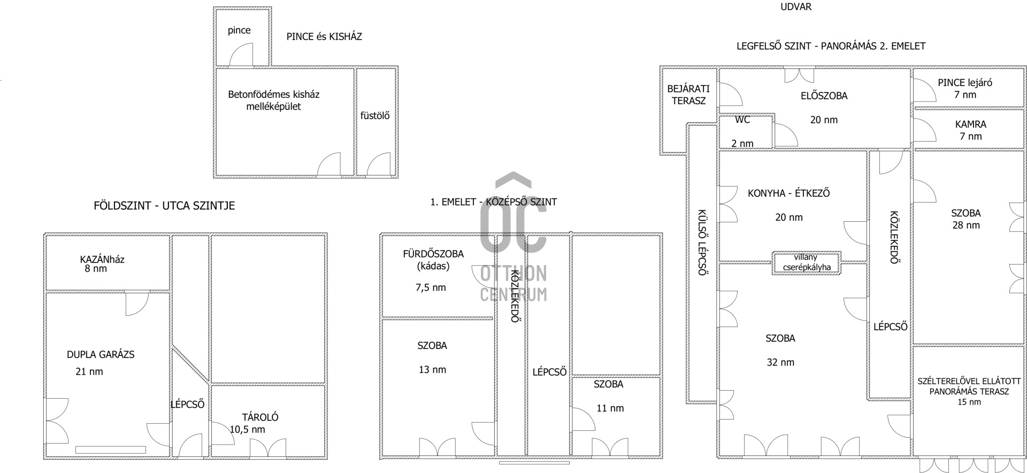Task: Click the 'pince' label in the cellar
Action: pyautogui.click(x=239, y=30)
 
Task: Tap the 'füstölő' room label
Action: pyautogui.click(x=375, y=115)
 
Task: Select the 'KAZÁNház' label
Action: pyautogui.click(x=102, y=260)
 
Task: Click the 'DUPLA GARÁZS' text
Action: pyautogui.click(x=101, y=354)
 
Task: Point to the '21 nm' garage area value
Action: pyautogui.click(x=89, y=371)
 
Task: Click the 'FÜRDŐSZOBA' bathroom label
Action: pyautogui.click(x=433, y=254)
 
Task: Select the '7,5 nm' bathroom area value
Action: pyautogui.click(x=431, y=288)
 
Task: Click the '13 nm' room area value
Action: pyautogui.click(x=432, y=370)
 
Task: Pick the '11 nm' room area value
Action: pyautogui.click(x=610, y=408)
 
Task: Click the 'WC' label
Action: pyautogui.click(x=742, y=120)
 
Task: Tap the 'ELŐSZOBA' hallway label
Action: pyautogui.click(x=824, y=96)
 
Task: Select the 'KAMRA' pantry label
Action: pyautogui.click(x=971, y=125)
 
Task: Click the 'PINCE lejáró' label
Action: pyautogui.click(x=965, y=83)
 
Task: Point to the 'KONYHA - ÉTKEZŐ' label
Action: pyautogui.click(x=789, y=193)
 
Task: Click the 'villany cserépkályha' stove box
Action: pyautogui.click(x=807, y=263)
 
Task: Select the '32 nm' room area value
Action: pyautogui.click(x=780, y=362)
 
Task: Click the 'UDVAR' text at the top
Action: pyautogui.click(x=796, y=7)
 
